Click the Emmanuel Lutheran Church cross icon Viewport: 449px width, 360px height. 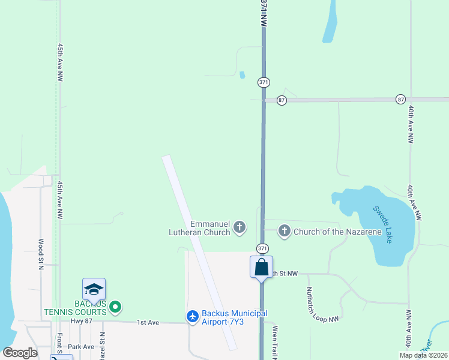240,227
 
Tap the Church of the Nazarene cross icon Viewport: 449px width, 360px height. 284,230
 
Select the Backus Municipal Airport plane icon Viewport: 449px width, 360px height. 192,316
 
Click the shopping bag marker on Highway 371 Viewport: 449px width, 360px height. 262,267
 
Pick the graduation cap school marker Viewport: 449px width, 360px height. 94,290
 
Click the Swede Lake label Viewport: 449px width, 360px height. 383,224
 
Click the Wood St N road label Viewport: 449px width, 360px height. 41,255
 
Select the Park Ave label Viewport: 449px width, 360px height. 81,347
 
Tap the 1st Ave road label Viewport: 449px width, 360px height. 148,323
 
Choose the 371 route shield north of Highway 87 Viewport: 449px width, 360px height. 263,82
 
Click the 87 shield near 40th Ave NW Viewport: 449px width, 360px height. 400,99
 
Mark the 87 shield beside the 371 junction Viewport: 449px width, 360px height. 281,100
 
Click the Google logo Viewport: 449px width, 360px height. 20,353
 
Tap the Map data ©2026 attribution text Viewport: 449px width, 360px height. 423,355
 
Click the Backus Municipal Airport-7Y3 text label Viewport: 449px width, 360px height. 234,317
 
